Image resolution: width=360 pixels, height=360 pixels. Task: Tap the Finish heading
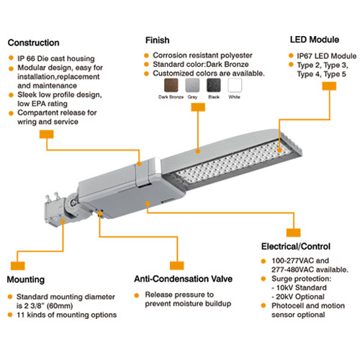[x=158, y=40]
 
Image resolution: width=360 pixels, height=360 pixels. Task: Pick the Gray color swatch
[x=192, y=86]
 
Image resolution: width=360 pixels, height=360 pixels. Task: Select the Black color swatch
[x=213, y=86]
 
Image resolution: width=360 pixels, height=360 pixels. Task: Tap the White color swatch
[x=235, y=86]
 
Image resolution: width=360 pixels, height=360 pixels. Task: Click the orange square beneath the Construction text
[x=45, y=134]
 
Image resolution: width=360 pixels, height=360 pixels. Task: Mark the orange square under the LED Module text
[x=329, y=86]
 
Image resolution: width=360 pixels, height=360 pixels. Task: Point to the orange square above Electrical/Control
[x=293, y=232]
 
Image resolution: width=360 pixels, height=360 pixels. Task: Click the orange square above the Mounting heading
[x=17, y=255]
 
